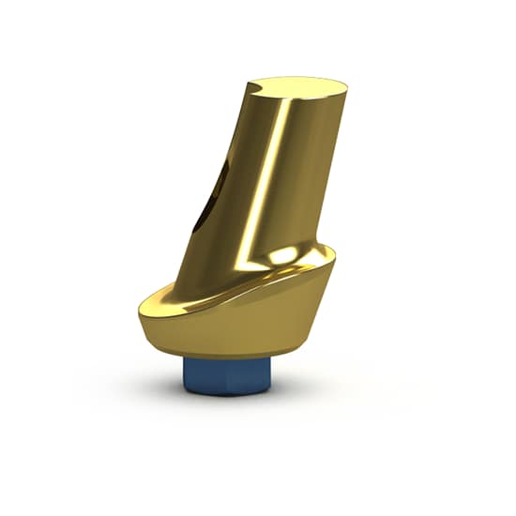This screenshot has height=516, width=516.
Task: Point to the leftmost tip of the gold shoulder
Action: (140, 304)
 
